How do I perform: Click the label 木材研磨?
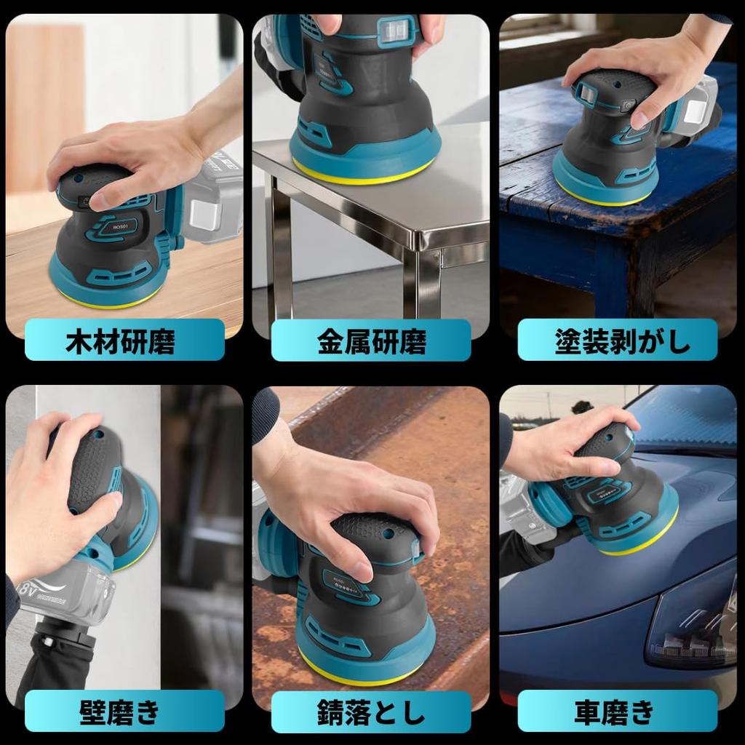pyautogui.click(x=124, y=340)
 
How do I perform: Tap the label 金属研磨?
pyautogui.click(x=372, y=340)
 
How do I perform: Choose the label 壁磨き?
pyautogui.click(x=124, y=711)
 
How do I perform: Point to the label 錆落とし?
pyautogui.click(x=372, y=711)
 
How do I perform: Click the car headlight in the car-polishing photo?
pyautogui.click(x=691, y=626)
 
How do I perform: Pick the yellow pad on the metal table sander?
pyautogui.click(x=364, y=175)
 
